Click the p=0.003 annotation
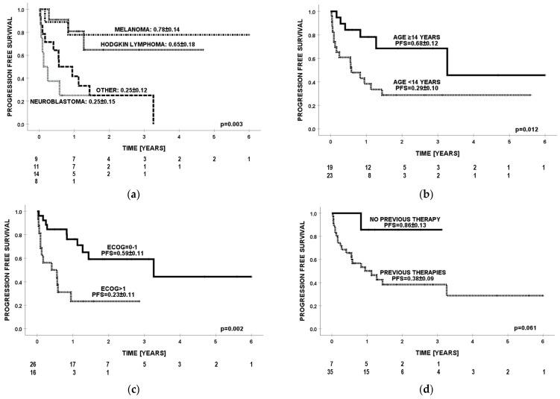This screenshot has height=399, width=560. click(x=240, y=120)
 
